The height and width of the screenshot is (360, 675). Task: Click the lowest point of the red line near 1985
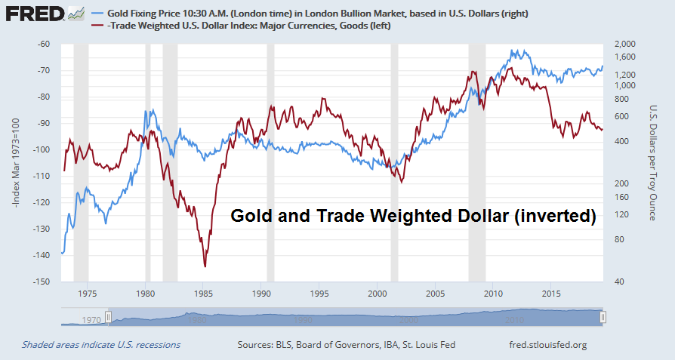point(205,266)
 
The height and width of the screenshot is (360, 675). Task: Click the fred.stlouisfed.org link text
point(548,345)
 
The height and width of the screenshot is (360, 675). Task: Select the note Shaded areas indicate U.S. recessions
point(101,345)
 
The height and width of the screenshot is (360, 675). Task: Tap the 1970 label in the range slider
point(91,320)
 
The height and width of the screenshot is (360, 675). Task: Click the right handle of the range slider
point(603,317)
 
